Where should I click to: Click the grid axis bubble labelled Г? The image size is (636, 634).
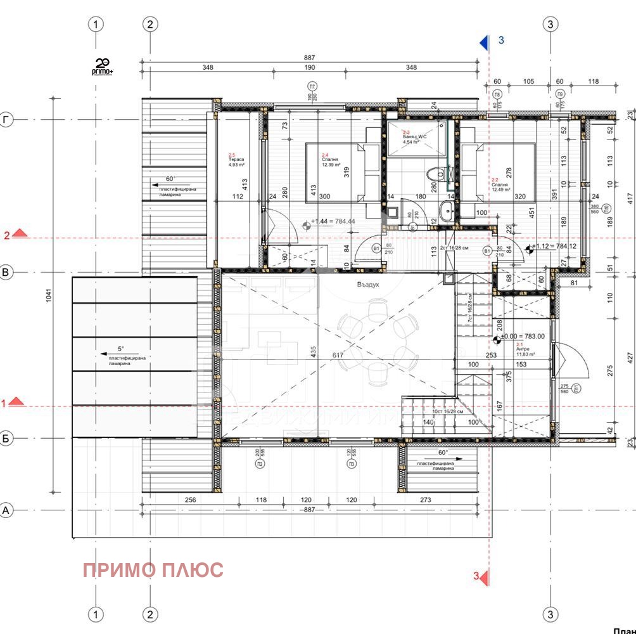[x=7, y=120]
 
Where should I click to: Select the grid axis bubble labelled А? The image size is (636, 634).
[x=7, y=510]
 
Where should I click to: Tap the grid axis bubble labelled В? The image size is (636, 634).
[x=7, y=273]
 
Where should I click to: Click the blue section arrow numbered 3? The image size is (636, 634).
[x=484, y=42]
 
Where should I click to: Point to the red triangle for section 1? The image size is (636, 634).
[x=17, y=401]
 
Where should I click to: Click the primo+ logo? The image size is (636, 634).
[x=103, y=67]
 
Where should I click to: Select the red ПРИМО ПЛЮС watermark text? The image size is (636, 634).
[x=153, y=570]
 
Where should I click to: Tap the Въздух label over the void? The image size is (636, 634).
[x=367, y=285]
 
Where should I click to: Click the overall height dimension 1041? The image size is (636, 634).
[x=50, y=298]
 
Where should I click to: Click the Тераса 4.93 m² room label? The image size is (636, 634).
[x=237, y=161]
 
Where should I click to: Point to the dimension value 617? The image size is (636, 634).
[x=338, y=355]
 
